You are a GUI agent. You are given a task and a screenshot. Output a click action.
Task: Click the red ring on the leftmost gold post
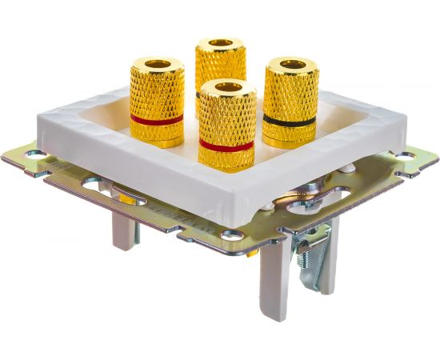coord(157,119)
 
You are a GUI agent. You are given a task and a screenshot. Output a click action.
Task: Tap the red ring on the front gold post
coord(227,146)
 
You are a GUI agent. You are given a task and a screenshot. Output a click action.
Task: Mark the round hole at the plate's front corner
coord(233,235)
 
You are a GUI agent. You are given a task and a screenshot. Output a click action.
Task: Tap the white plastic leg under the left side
coord(126,232)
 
